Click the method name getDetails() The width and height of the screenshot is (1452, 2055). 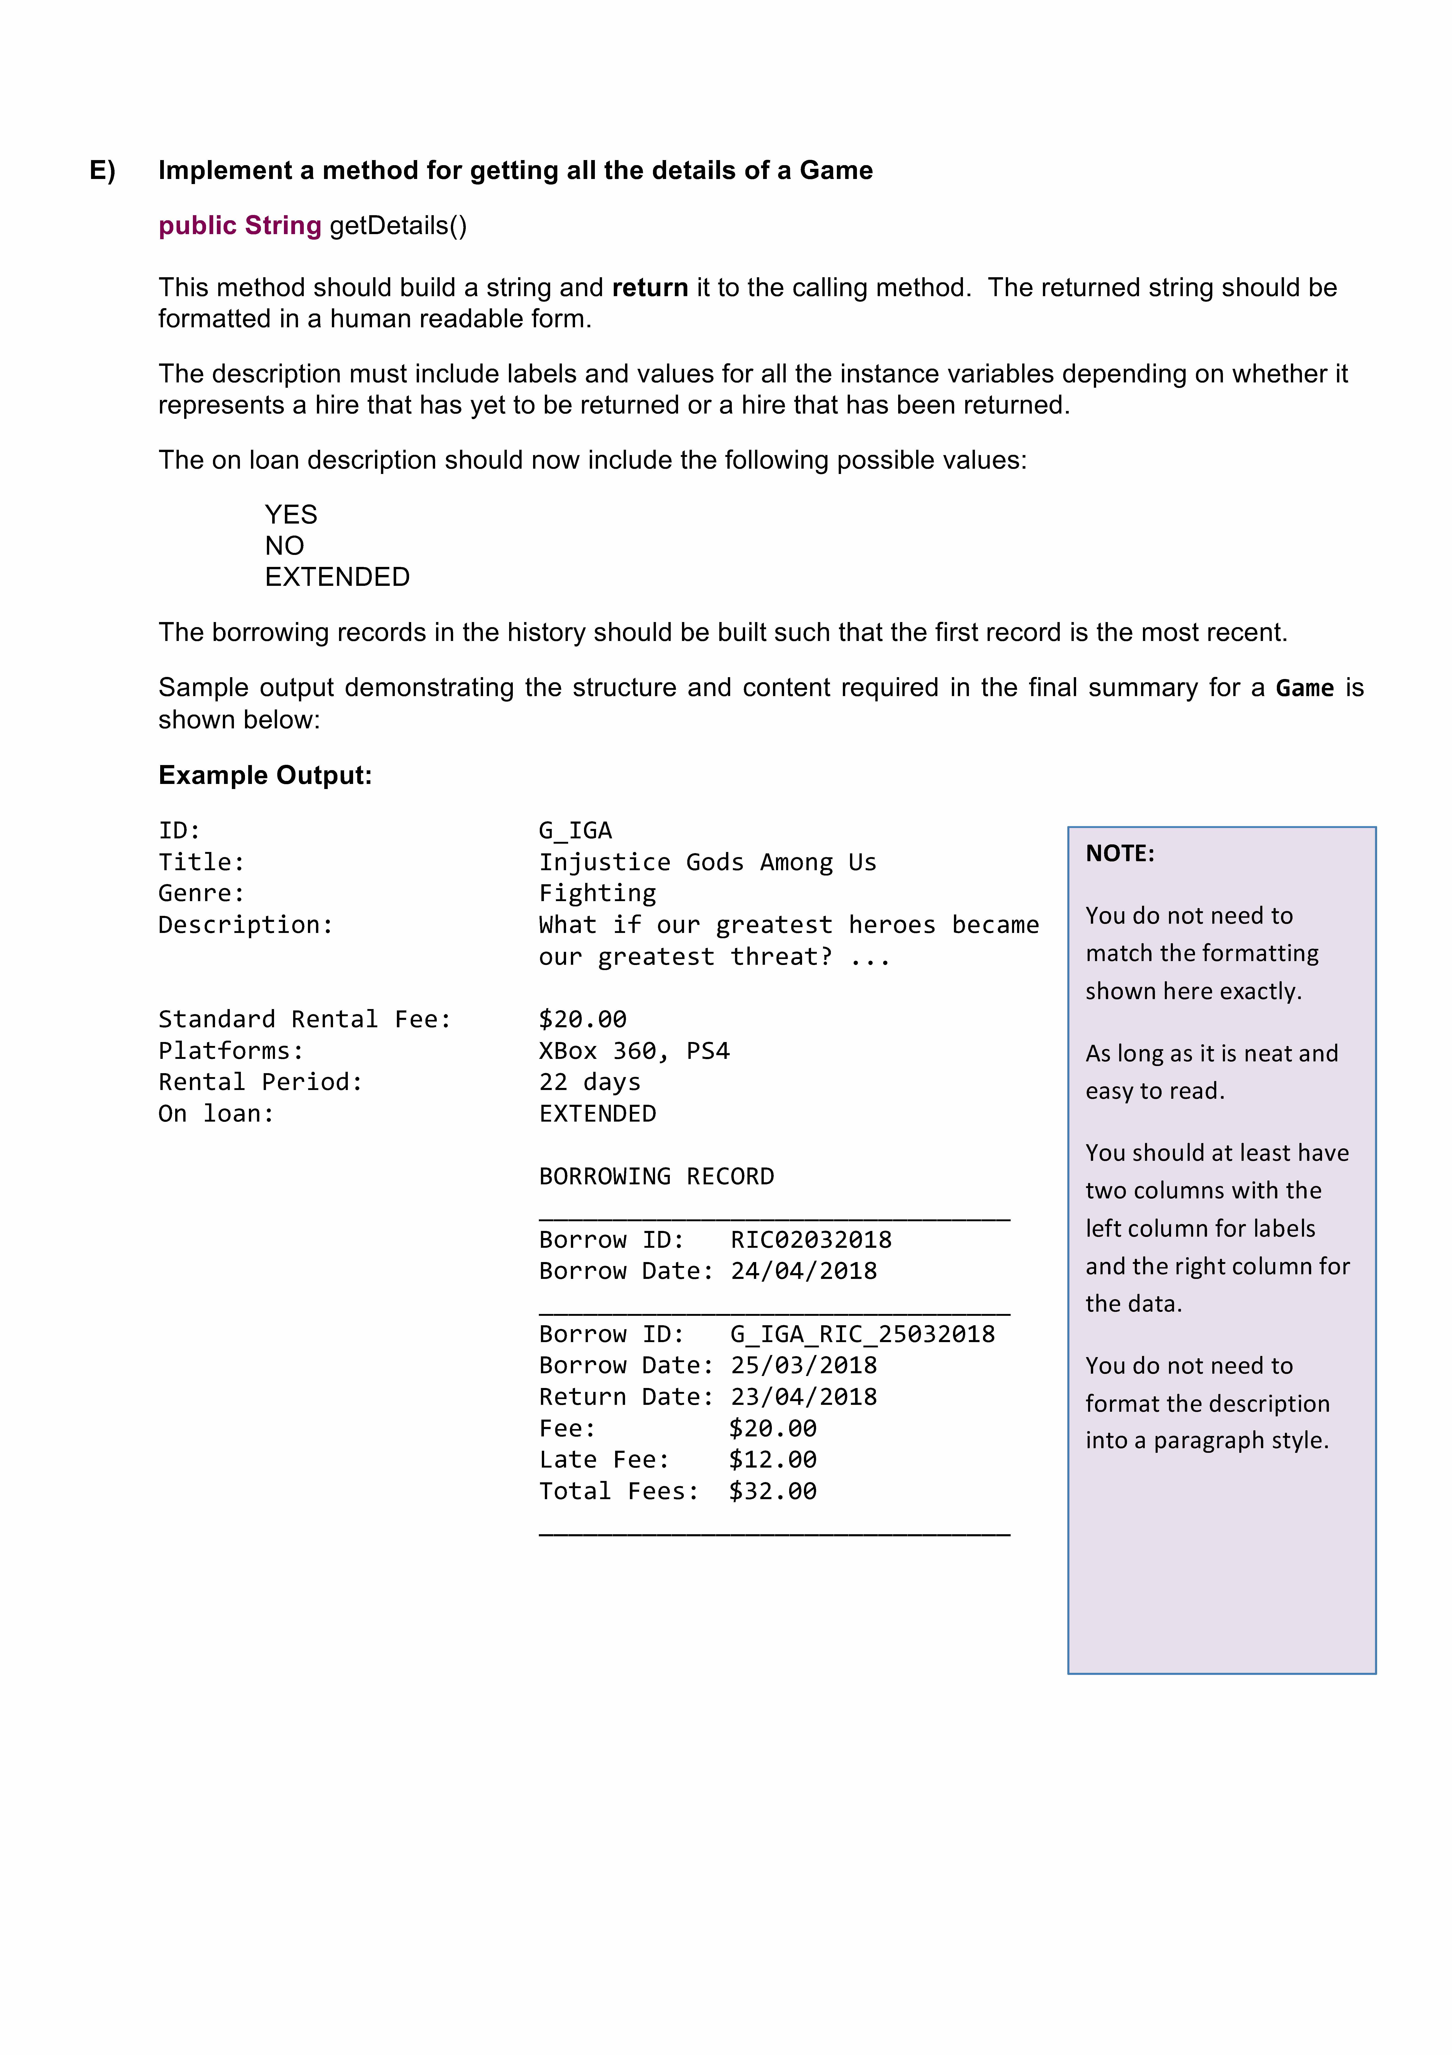tap(398, 226)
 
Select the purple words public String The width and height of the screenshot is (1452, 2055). tap(240, 226)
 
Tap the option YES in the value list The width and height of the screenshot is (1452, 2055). tap(291, 515)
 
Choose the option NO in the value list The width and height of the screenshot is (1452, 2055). tap(284, 546)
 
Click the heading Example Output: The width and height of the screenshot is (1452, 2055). tap(265, 775)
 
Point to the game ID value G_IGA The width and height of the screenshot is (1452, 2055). tap(575, 831)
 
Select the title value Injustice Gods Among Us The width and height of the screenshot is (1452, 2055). tap(707, 862)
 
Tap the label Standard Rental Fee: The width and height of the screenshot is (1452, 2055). tap(304, 1019)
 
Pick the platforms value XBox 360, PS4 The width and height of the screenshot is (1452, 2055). tap(633, 1051)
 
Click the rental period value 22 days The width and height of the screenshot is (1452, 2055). tap(590, 1082)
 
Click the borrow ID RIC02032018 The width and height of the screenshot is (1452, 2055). tap(811, 1240)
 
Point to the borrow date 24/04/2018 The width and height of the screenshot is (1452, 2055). tap(803, 1271)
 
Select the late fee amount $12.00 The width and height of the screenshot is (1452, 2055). tap(772, 1460)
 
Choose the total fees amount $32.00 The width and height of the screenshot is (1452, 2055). tap(772, 1491)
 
